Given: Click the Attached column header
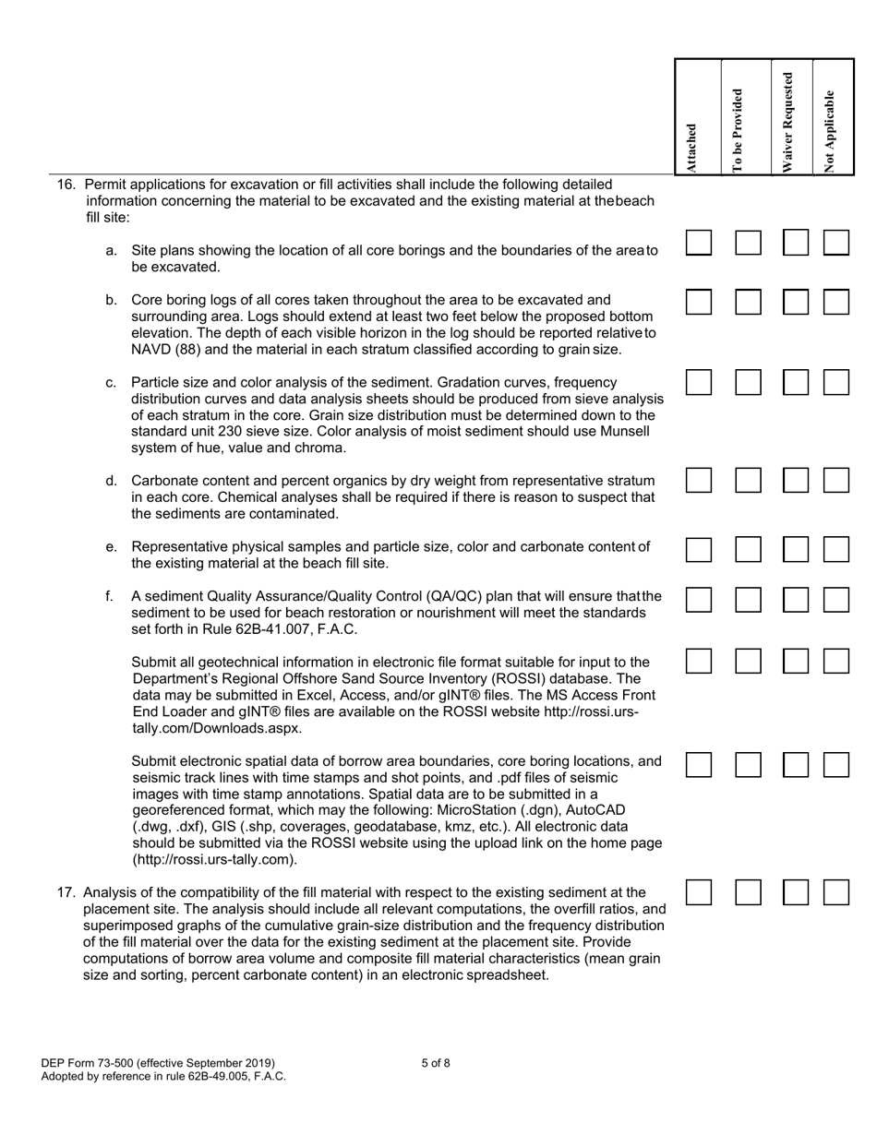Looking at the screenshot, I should (691, 148).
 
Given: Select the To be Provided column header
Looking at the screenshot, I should (738, 129).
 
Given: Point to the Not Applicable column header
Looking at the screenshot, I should (830, 130).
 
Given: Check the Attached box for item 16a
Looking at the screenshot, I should (699, 243).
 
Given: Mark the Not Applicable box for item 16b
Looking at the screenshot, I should (836, 302).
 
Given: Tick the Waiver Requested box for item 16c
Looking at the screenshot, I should (796, 383).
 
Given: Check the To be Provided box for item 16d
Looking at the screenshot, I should (749, 480).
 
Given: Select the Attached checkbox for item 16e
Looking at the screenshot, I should (699, 550).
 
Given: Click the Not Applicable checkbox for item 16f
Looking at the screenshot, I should (836, 600).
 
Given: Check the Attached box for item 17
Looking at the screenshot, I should (699, 892).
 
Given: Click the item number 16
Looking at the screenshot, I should (66, 184).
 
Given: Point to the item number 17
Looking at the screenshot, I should (65, 892).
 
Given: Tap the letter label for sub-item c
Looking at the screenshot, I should (111, 382).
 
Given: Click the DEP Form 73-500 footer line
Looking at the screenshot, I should (158, 1063).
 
